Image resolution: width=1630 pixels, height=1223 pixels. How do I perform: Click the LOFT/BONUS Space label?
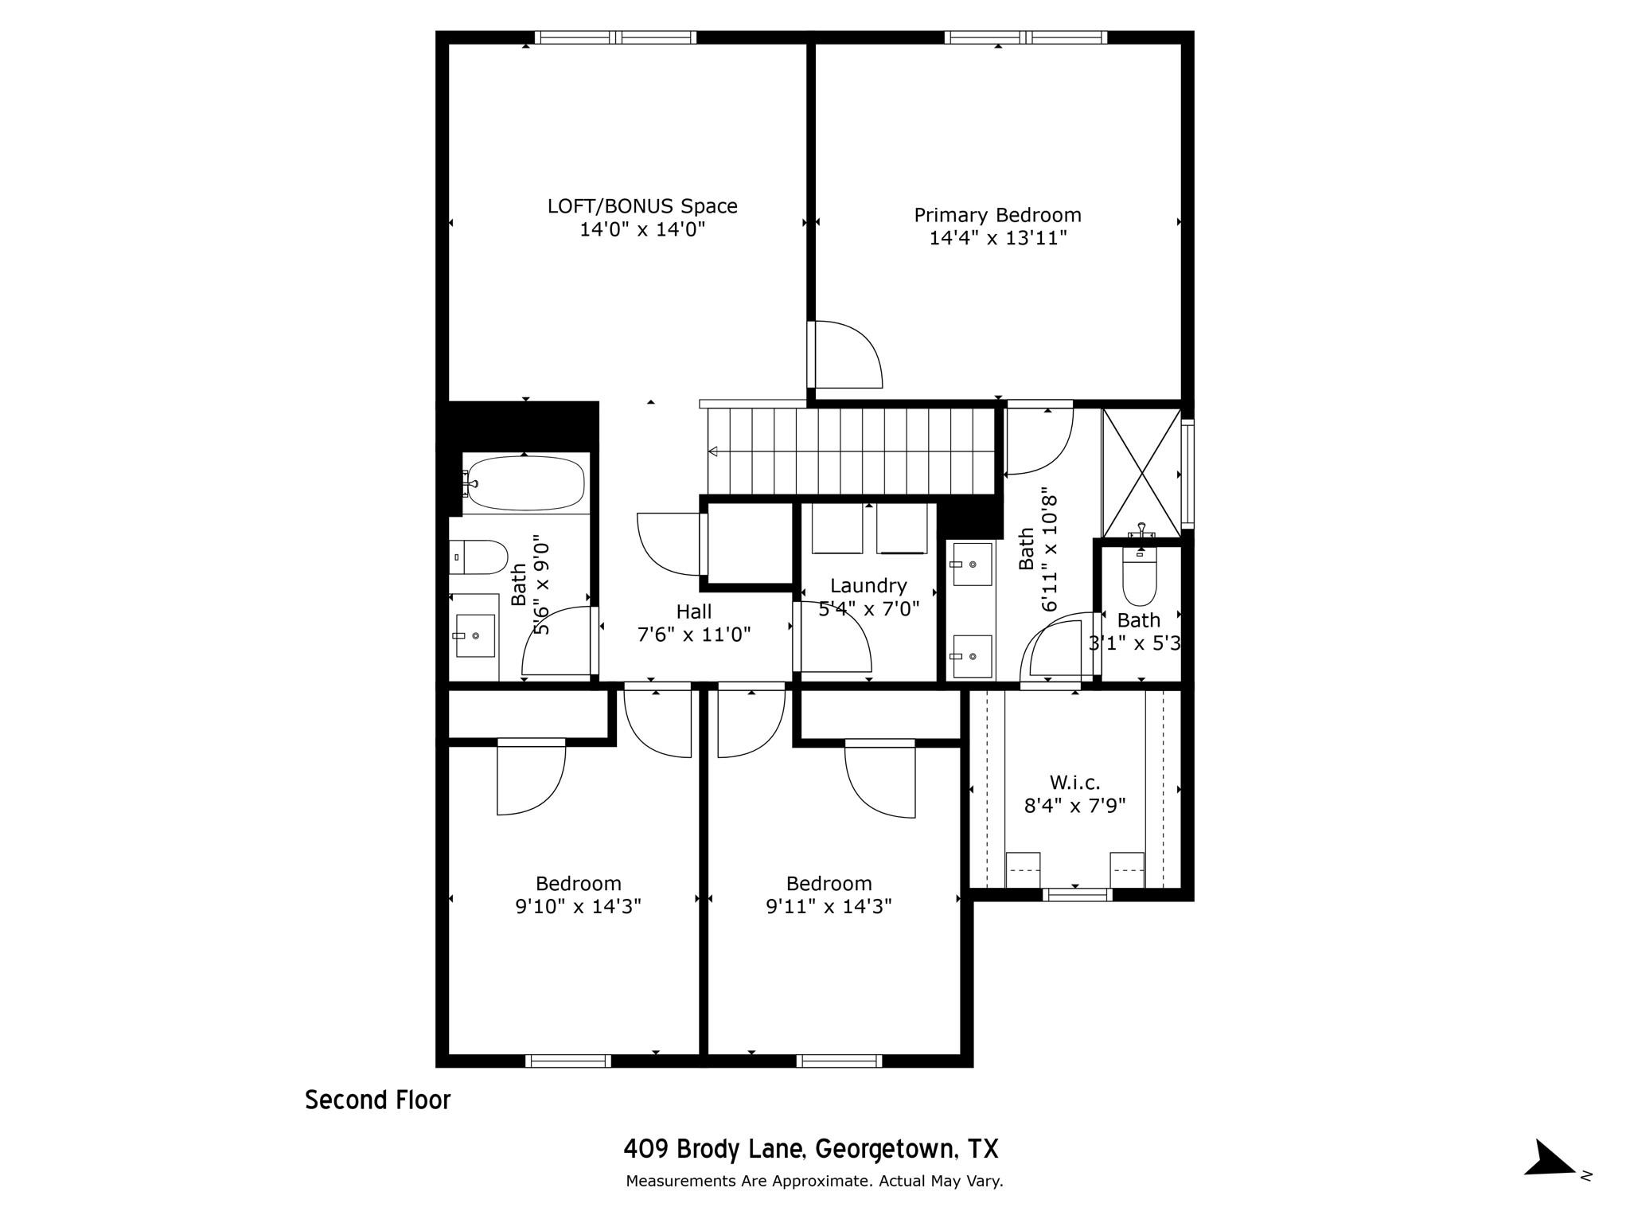(x=642, y=206)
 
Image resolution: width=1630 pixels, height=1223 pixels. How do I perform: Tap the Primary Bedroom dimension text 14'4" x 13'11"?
(x=997, y=238)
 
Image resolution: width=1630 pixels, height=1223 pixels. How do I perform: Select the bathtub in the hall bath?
(x=524, y=483)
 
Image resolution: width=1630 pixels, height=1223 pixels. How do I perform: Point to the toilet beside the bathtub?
(x=478, y=557)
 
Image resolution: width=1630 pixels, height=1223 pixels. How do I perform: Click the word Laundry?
(x=868, y=586)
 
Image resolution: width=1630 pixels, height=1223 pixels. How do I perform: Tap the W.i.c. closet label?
(x=1074, y=783)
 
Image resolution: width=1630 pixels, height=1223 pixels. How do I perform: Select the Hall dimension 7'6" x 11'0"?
(x=694, y=635)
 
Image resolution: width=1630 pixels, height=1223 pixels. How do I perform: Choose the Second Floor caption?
(x=378, y=1100)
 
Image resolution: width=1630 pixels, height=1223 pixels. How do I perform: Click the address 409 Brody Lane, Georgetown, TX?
(x=810, y=1149)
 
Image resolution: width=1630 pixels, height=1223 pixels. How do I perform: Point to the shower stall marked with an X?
(x=1141, y=473)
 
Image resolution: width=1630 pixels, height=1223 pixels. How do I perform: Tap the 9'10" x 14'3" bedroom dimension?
(x=578, y=906)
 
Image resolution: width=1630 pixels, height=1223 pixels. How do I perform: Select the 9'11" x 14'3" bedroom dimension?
(x=829, y=906)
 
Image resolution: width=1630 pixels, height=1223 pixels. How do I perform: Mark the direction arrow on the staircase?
(x=713, y=451)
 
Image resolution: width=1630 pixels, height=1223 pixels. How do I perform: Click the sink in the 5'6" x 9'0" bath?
(x=475, y=635)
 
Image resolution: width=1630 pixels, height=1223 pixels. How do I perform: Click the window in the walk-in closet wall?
(x=1078, y=895)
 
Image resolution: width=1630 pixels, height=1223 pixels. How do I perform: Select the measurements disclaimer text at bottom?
(x=814, y=1181)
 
